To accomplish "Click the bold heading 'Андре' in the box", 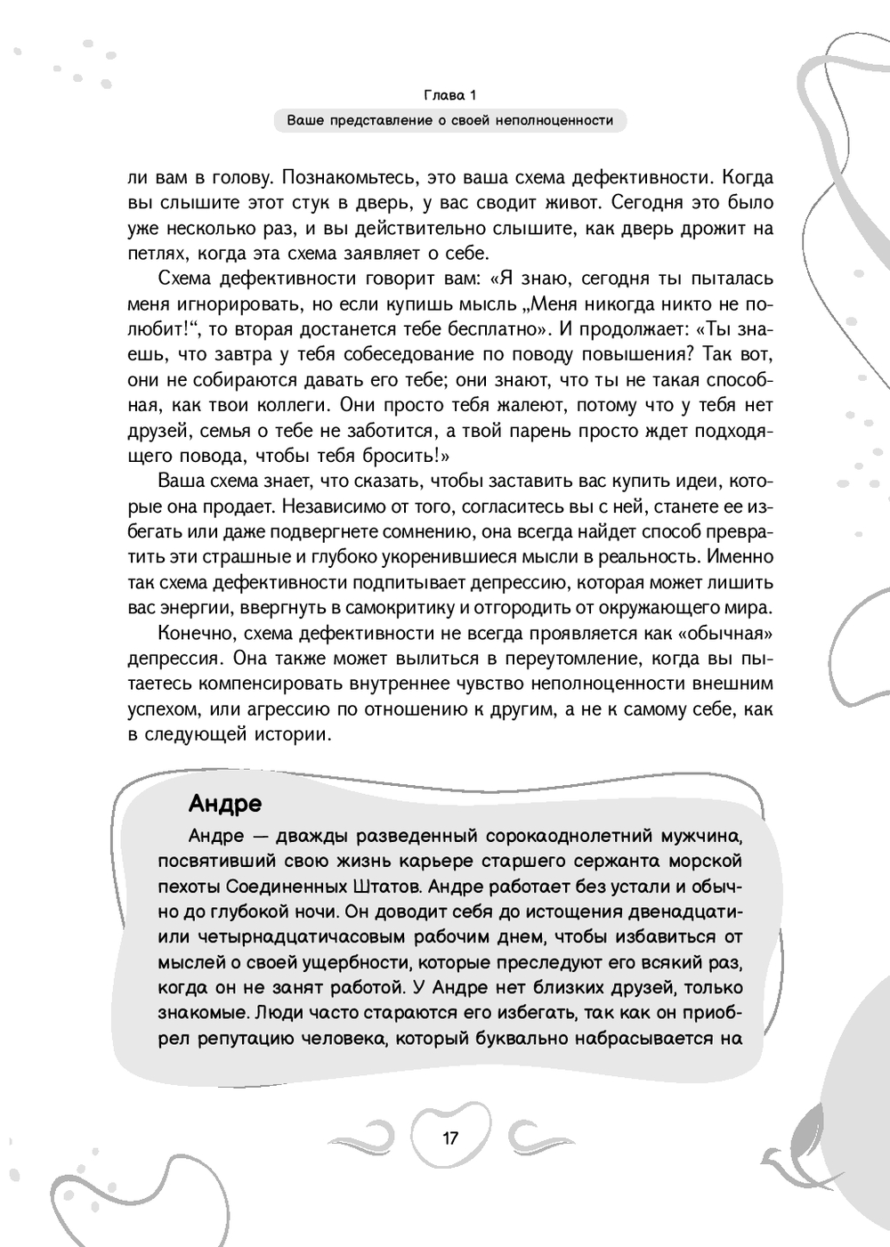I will click(x=225, y=804).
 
